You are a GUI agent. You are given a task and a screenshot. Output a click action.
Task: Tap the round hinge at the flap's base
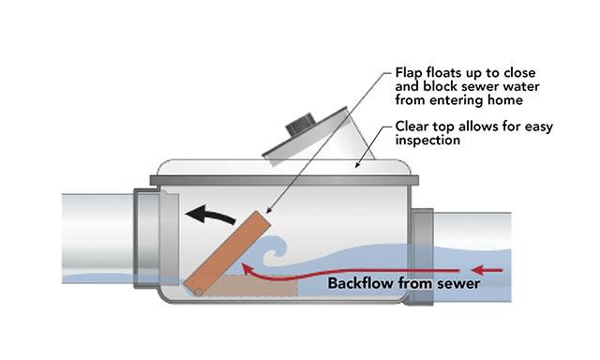196,290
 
